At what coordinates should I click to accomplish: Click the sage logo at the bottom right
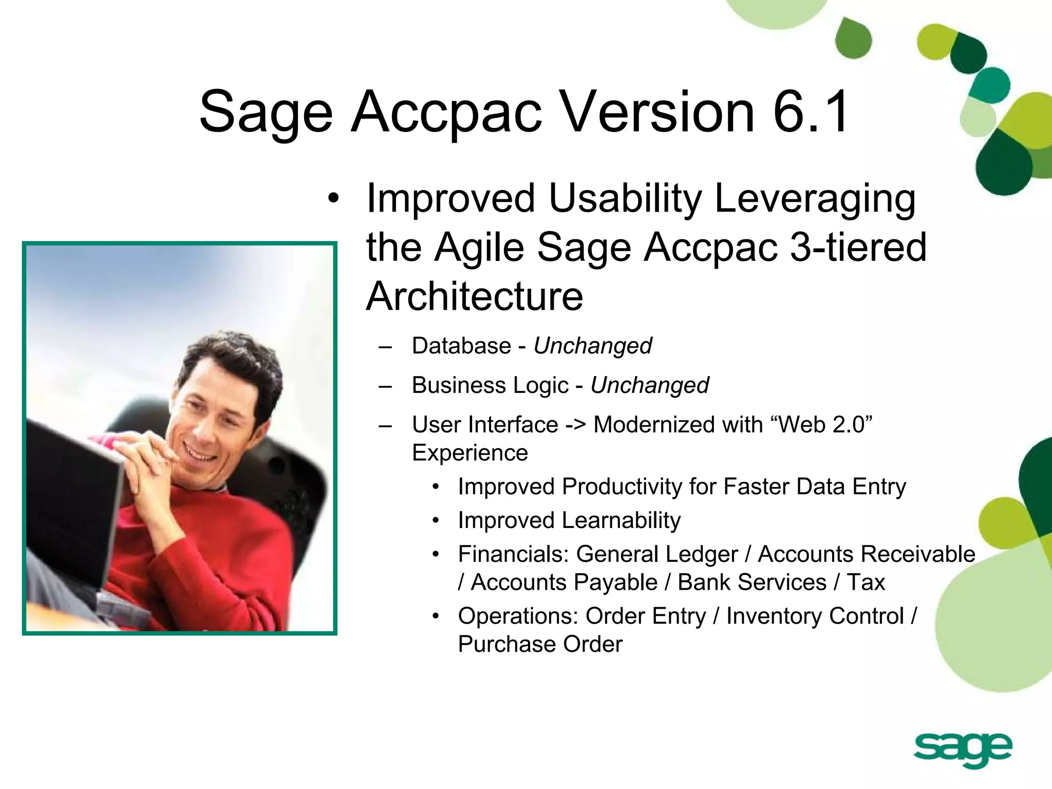tap(963, 750)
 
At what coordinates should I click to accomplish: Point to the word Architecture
tap(474, 296)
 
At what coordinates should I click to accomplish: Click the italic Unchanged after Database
tap(592, 346)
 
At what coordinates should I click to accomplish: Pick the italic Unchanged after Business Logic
tap(649, 385)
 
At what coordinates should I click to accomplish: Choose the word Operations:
tap(518, 616)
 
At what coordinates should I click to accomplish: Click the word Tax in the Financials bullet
tap(866, 583)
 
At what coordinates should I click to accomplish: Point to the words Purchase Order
tap(540, 644)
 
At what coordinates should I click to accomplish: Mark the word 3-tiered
tap(857, 247)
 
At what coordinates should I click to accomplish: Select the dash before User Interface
tap(385, 425)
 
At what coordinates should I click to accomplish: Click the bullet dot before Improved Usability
tap(333, 199)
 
